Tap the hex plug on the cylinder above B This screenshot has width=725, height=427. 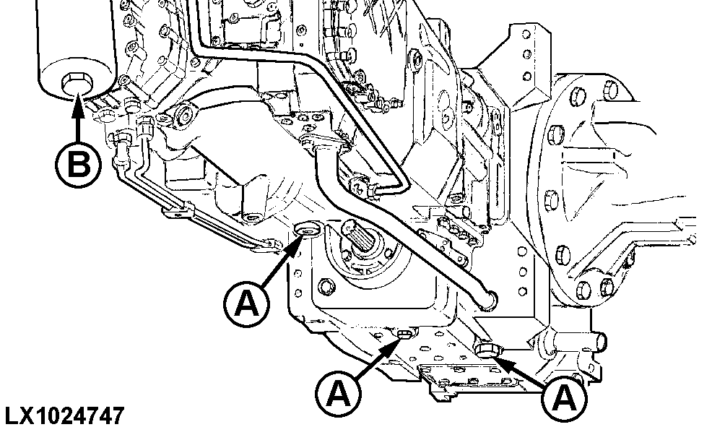click(74, 84)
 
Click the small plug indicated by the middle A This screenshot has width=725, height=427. click(404, 334)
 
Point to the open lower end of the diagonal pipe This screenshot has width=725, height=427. click(489, 296)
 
